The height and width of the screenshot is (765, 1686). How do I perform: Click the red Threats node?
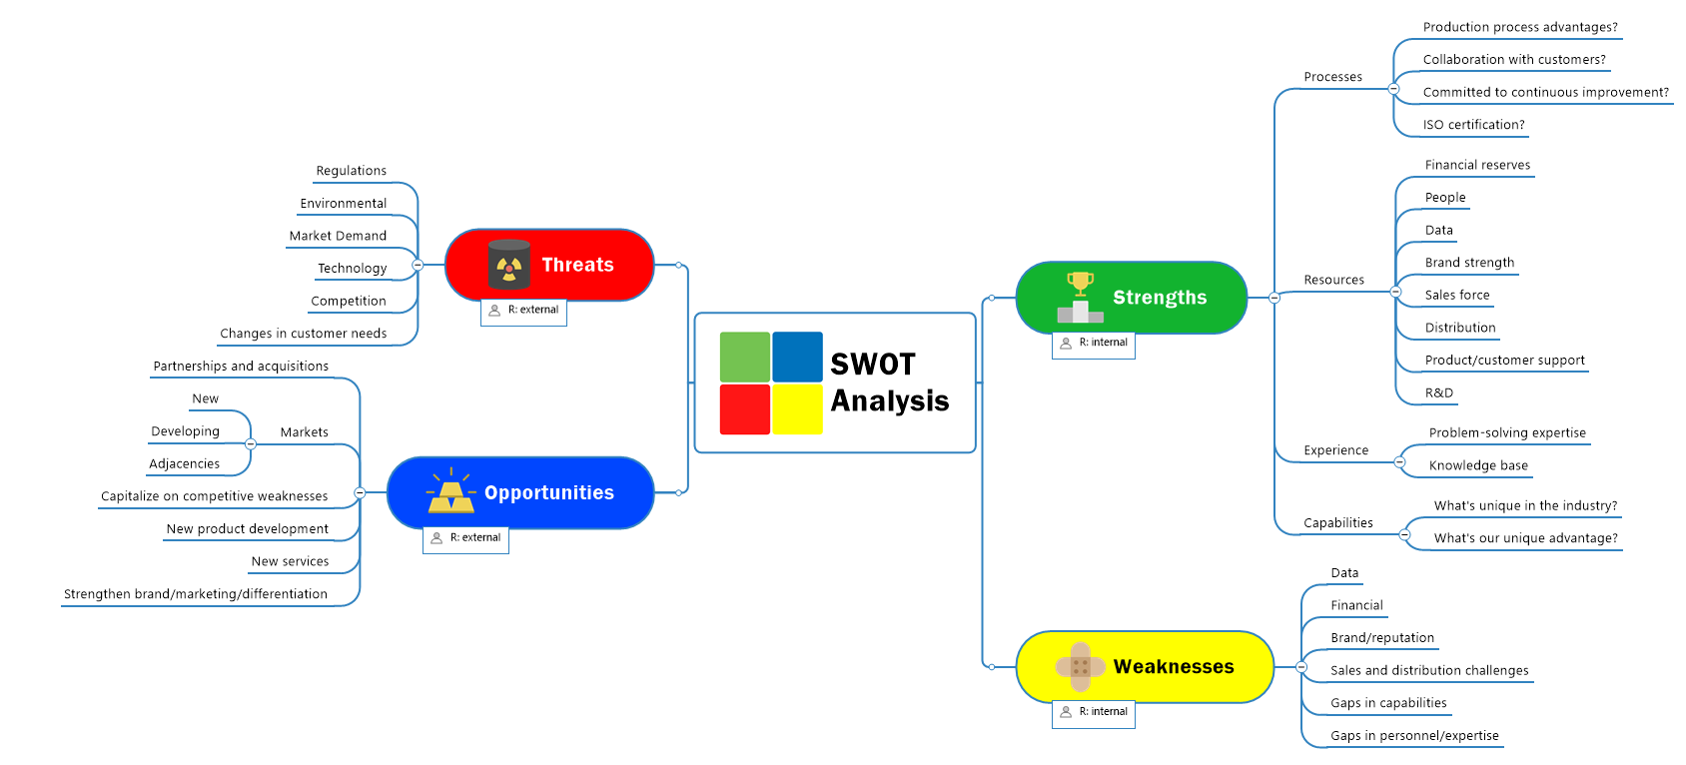coord(577,265)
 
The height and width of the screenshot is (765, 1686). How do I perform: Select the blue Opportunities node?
coord(548,492)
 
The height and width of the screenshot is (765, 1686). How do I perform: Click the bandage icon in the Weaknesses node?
coord(1080,666)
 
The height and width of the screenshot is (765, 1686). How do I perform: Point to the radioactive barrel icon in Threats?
coord(509,265)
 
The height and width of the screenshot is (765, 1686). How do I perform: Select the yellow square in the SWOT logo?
coord(797,409)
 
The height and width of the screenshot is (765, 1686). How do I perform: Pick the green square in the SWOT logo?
coord(744,357)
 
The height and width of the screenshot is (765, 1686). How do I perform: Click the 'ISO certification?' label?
coord(1473,125)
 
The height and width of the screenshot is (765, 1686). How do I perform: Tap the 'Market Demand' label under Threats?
coord(338,236)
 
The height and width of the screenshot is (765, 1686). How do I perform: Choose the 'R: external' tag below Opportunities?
coord(466,538)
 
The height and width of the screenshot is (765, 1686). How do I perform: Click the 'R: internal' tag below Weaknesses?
coord(1094,712)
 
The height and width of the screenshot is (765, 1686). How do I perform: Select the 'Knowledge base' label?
coord(1478,465)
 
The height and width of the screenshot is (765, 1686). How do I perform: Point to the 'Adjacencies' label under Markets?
coord(185,463)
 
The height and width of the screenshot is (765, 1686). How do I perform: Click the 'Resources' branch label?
coord(1333,280)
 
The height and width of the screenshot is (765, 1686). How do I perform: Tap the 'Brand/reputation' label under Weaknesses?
coord(1382,638)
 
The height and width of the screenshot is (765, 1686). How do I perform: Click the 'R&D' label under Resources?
coord(1439,393)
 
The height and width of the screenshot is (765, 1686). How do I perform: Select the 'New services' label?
coord(290,561)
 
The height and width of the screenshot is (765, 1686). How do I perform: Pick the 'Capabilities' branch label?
coord(1337,523)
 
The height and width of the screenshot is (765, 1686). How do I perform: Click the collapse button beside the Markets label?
coord(251,443)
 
